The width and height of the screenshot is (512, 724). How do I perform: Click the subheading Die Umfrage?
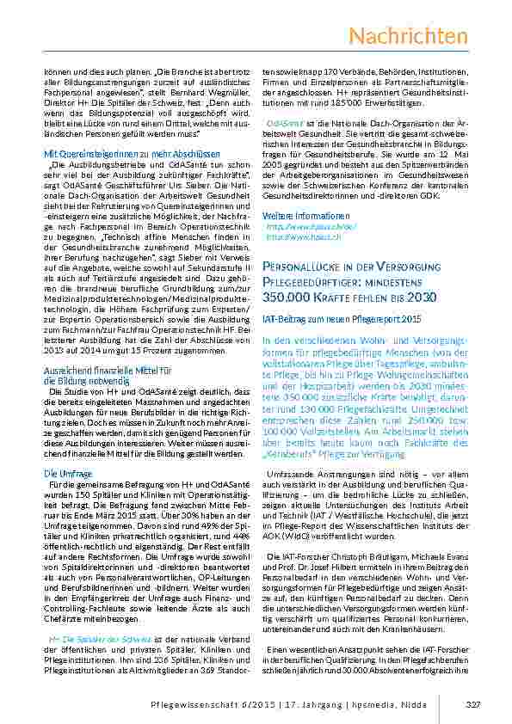coord(63,473)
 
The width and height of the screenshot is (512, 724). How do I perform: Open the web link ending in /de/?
coord(299,227)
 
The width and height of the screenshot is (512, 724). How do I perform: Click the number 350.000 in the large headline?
coord(288,297)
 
